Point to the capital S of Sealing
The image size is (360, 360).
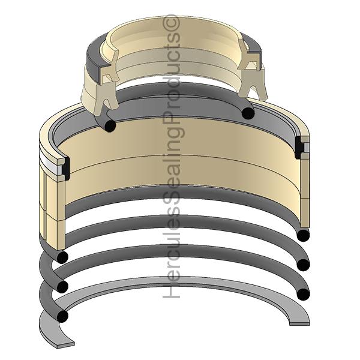pyautogui.click(x=172, y=203)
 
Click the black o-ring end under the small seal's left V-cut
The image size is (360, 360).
pyautogui.click(x=110, y=126)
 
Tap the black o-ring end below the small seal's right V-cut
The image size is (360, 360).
pyautogui.click(x=248, y=113)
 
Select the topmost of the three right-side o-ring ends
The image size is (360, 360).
pyautogui.click(x=303, y=235)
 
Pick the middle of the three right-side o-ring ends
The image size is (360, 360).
pyautogui.click(x=303, y=265)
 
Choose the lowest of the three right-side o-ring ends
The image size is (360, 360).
pyautogui.click(x=303, y=294)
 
